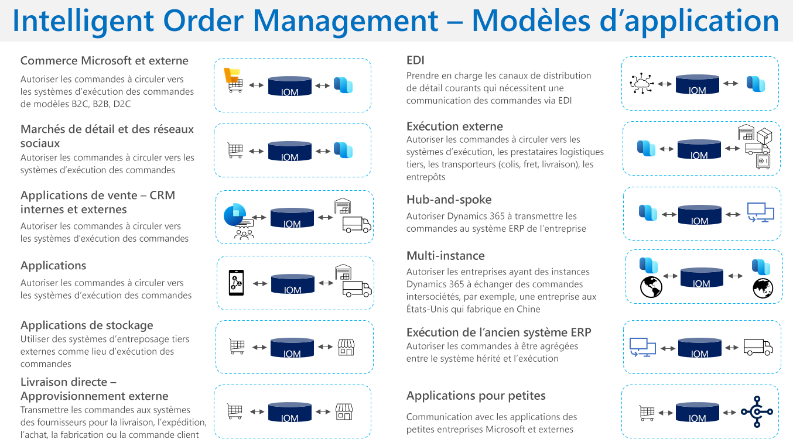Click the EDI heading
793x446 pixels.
tap(415, 60)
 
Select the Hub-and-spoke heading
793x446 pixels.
tap(449, 200)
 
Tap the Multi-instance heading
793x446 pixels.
tap(445, 256)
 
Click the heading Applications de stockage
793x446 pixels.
tap(87, 325)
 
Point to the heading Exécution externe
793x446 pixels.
tap(454, 126)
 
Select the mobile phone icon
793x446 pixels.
tap(237, 283)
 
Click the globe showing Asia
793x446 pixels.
tap(763, 288)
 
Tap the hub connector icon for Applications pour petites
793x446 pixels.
tap(757, 411)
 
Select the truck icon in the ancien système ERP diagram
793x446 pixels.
tap(758, 347)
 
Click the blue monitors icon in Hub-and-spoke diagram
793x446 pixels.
tap(760, 212)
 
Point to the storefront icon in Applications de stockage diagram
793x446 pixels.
tap(346, 347)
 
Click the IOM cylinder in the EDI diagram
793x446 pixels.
tap(697, 84)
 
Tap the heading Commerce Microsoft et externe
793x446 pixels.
tap(104, 61)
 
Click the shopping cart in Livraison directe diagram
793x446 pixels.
tap(235, 411)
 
